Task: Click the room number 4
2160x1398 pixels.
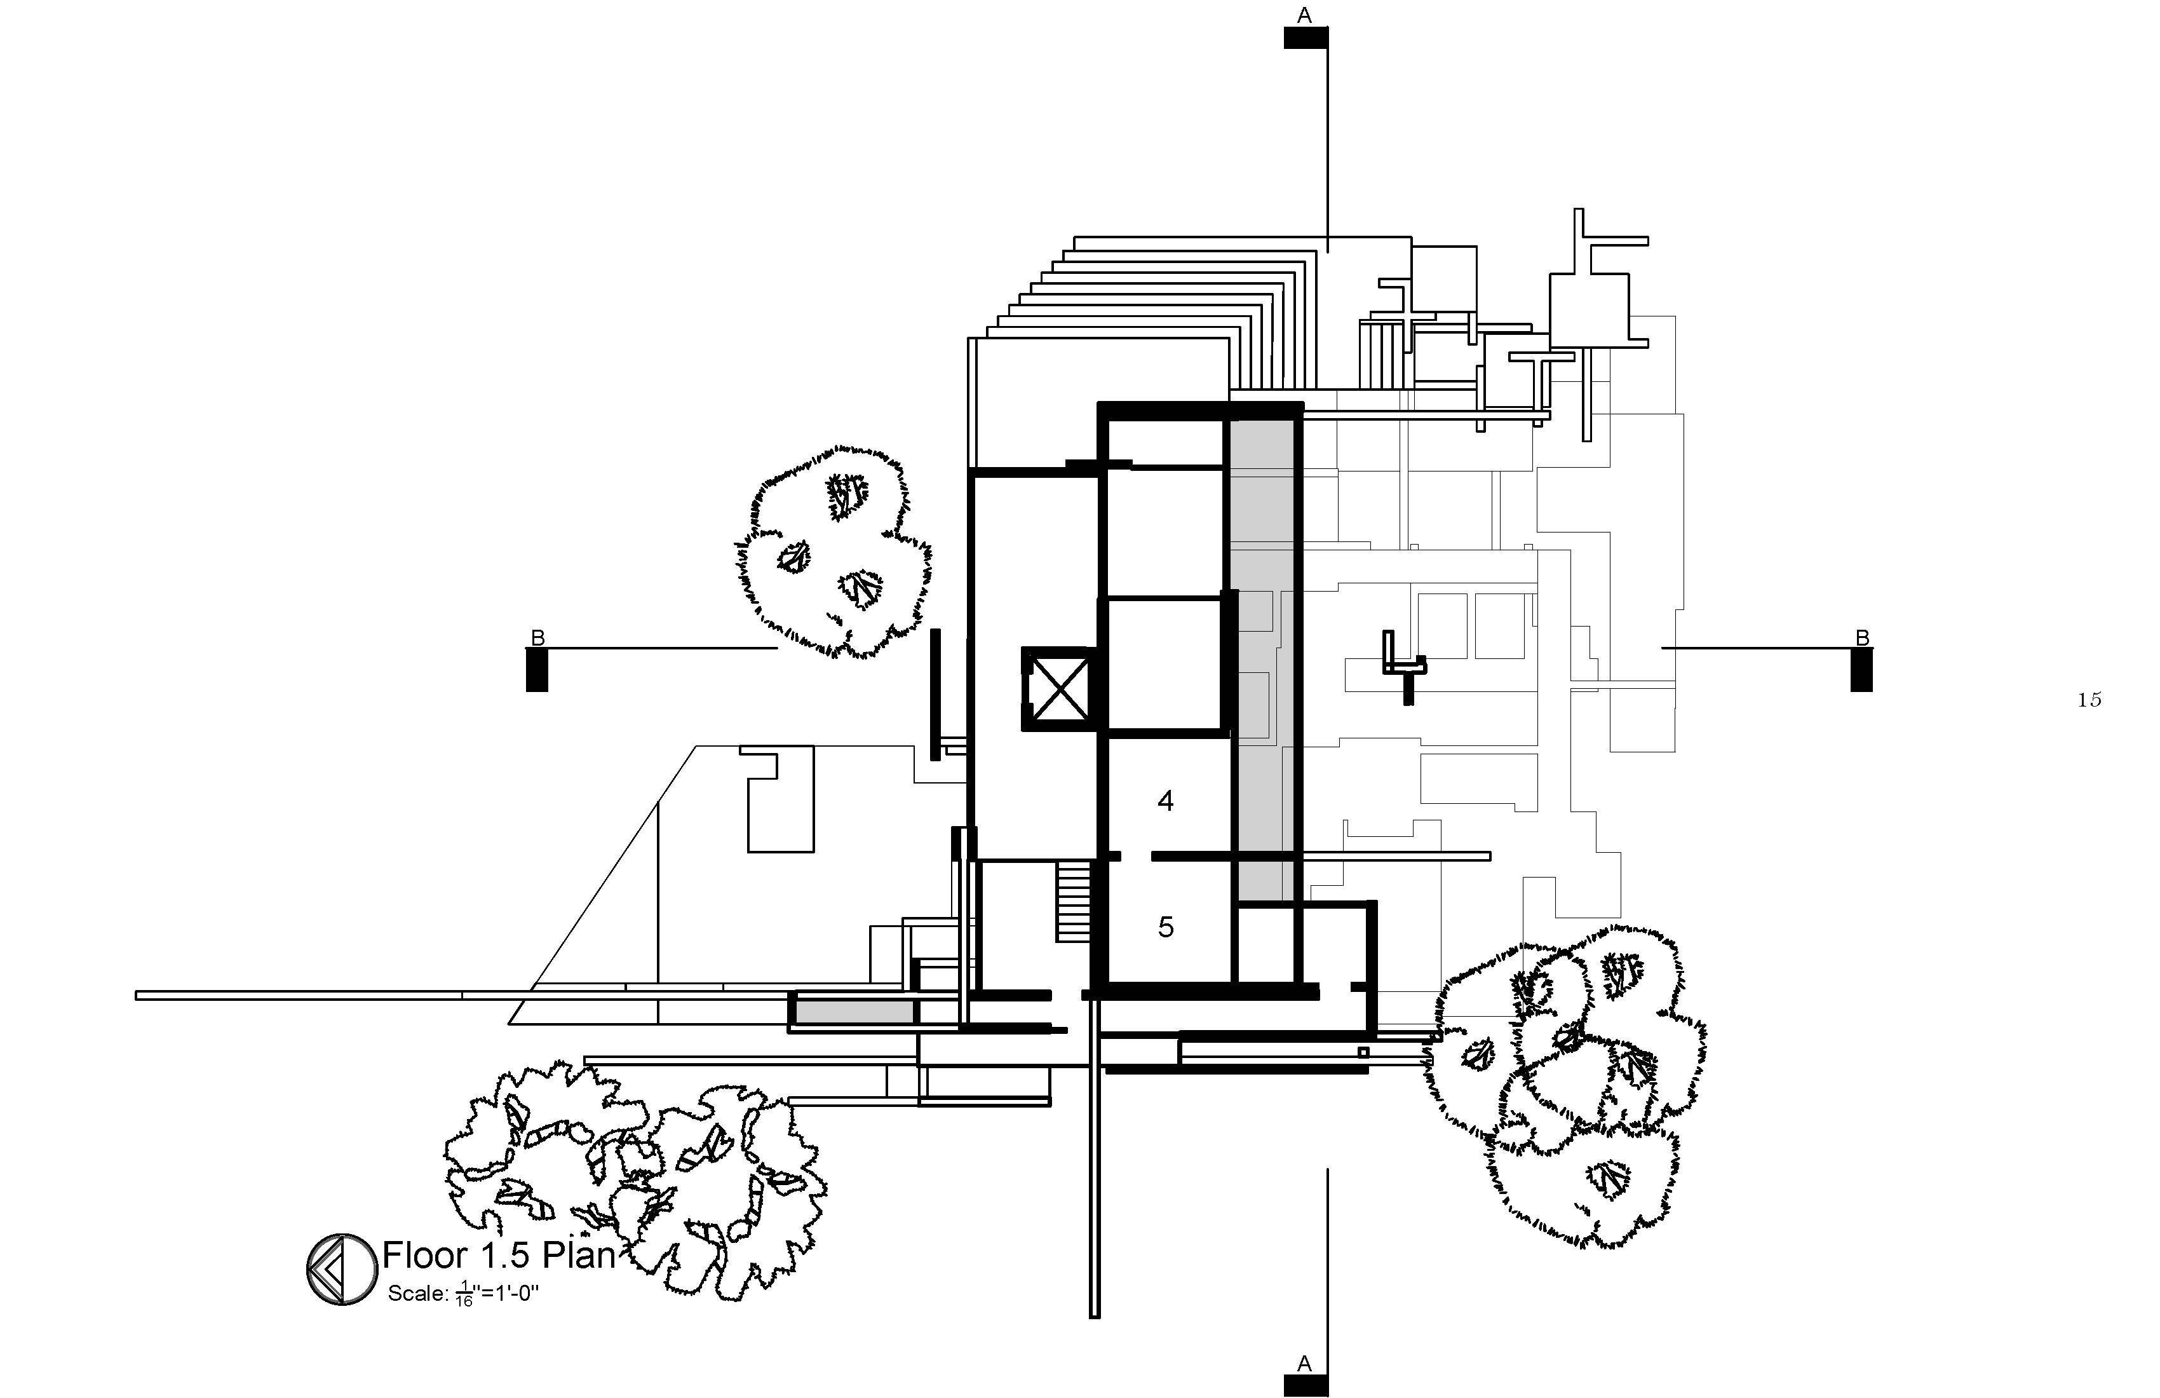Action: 1165,801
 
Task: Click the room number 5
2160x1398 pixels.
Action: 1165,927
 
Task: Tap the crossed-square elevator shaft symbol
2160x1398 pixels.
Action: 1059,689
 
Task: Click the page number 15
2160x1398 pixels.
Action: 2089,699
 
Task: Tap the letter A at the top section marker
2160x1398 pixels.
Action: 1304,15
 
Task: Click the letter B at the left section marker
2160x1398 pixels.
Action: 537,638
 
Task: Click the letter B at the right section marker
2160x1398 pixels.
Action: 1862,638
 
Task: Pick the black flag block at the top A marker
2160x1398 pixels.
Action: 1305,37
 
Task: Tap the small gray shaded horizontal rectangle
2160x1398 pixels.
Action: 854,1011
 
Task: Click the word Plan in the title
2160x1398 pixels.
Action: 579,1256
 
